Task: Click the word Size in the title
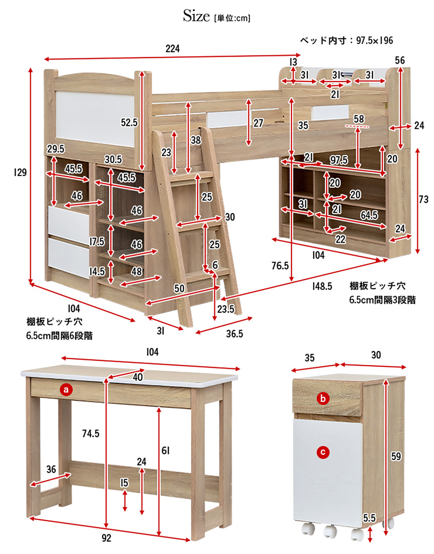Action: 196,16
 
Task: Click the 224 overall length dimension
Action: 173,48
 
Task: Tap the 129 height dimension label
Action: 20,172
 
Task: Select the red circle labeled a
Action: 66,390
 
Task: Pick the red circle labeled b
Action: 323,399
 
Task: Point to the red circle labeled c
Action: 323,452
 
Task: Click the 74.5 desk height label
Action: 90,434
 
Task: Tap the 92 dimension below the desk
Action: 106,538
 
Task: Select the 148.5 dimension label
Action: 322,287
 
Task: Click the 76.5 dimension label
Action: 280,266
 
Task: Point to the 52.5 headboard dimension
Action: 129,123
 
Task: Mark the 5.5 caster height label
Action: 369,518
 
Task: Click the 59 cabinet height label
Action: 396,456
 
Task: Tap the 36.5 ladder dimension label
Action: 234,334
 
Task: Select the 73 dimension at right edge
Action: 423,199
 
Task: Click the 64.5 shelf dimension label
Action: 369,215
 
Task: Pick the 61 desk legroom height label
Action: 165,451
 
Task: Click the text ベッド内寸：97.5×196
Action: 346,41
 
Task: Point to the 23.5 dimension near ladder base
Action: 226,309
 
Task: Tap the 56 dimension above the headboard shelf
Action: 400,60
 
